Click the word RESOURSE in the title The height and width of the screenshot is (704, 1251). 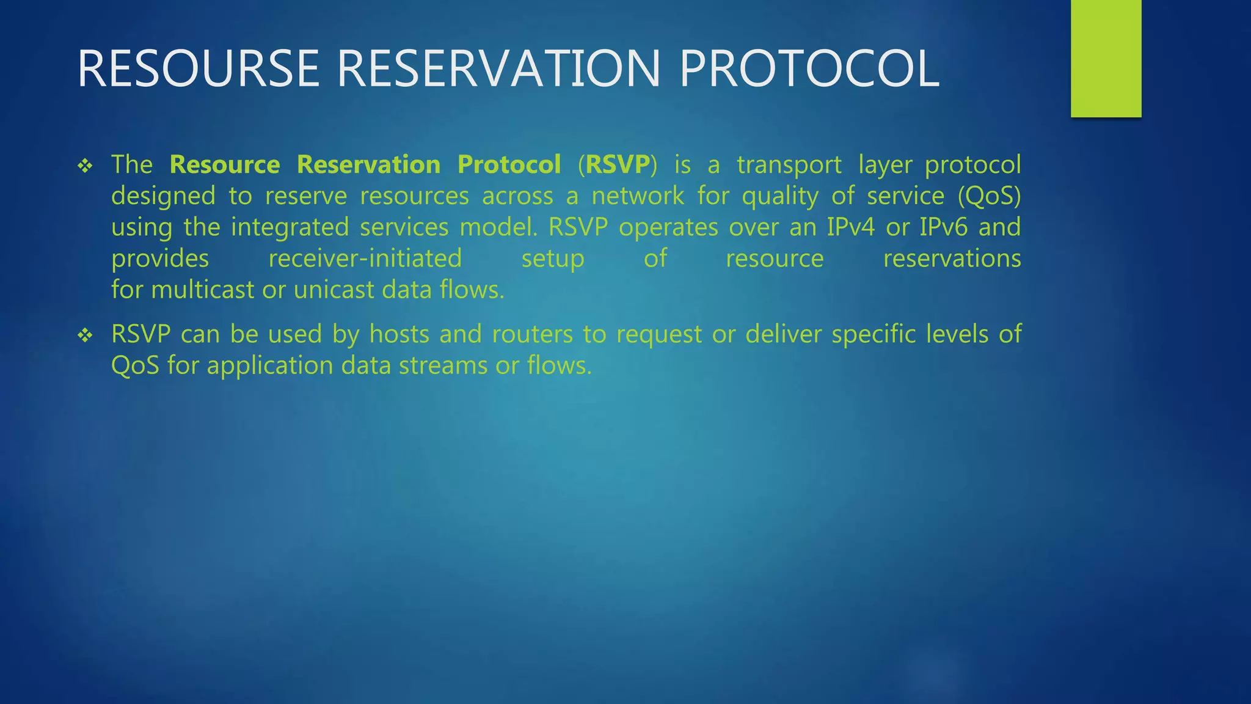tap(199, 68)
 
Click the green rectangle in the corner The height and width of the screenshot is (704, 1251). tap(1106, 58)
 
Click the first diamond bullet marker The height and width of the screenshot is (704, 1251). tap(85, 166)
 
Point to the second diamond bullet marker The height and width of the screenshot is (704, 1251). tap(85, 335)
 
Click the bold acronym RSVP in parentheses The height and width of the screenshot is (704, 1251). tap(618, 164)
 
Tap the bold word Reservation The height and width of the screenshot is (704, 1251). tap(368, 164)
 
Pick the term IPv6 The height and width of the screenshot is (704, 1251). tap(944, 227)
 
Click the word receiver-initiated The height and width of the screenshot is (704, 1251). tap(365, 258)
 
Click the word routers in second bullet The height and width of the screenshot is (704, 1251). tap(532, 334)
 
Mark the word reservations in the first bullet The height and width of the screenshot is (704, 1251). tap(952, 258)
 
